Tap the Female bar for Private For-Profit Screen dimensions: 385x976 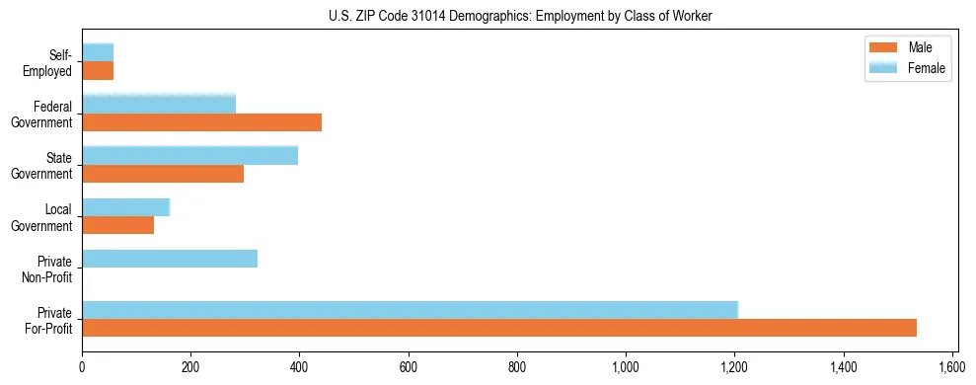(410, 310)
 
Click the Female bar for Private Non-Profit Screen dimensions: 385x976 (170, 259)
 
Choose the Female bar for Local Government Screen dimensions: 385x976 (125, 207)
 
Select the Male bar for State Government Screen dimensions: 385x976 (163, 174)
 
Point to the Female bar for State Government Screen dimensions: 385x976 (189, 156)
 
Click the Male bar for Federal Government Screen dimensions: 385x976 (201, 122)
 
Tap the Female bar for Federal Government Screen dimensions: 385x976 (159, 105)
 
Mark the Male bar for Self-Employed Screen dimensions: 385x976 (98, 71)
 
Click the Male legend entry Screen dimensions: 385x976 (906, 47)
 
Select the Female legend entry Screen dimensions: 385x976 (906, 68)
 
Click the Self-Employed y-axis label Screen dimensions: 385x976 (54, 62)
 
